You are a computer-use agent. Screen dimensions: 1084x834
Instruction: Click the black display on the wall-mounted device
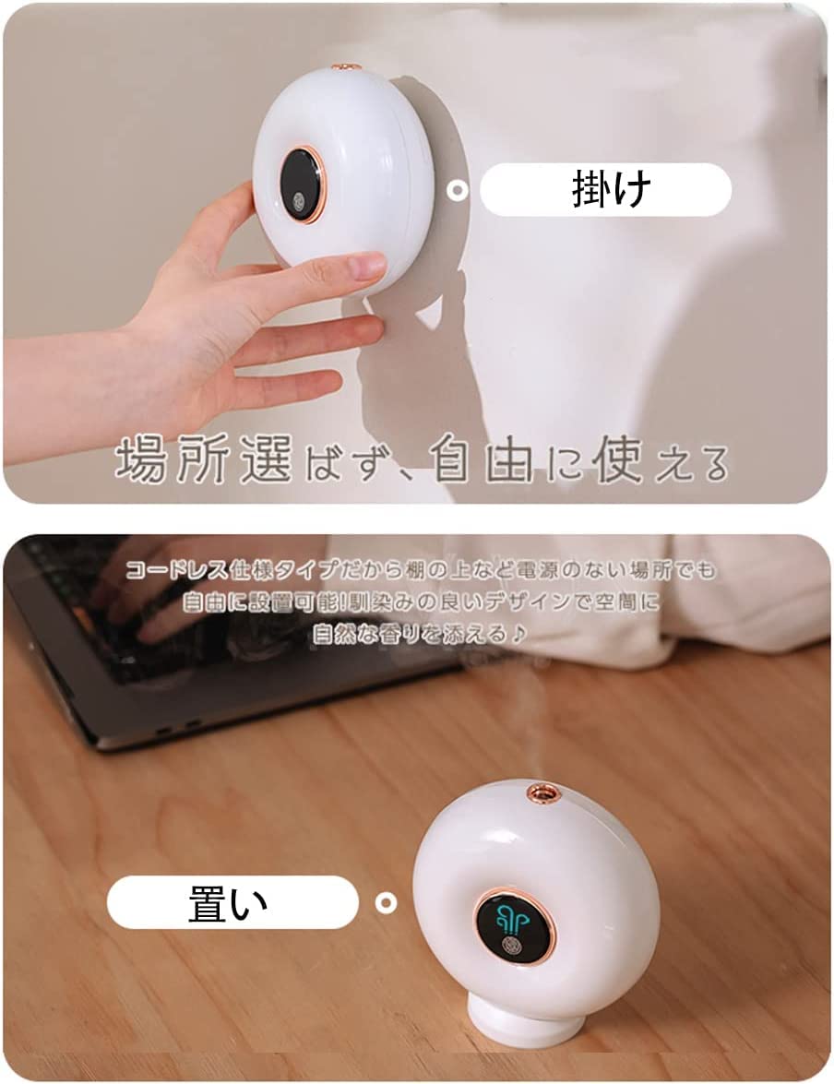coord(302,182)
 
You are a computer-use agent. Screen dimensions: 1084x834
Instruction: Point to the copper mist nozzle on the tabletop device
coord(542,792)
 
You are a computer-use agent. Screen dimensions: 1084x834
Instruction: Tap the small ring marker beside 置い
coord(386,902)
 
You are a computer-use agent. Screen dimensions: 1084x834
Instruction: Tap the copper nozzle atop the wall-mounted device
coord(346,66)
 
